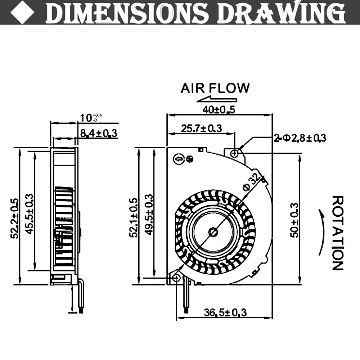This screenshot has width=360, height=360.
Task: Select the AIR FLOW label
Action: [215, 88]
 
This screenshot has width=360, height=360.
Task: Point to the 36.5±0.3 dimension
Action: [226, 312]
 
